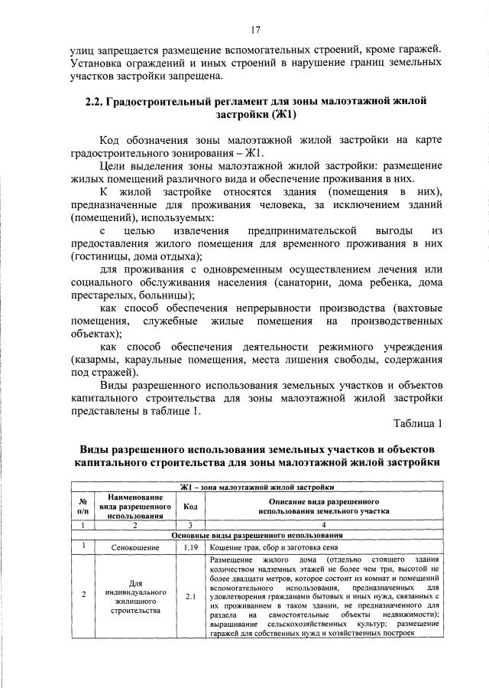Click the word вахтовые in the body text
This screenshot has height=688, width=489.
(x=416, y=308)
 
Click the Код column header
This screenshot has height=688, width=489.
(x=189, y=506)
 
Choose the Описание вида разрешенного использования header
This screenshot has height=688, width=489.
(x=324, y=506)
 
